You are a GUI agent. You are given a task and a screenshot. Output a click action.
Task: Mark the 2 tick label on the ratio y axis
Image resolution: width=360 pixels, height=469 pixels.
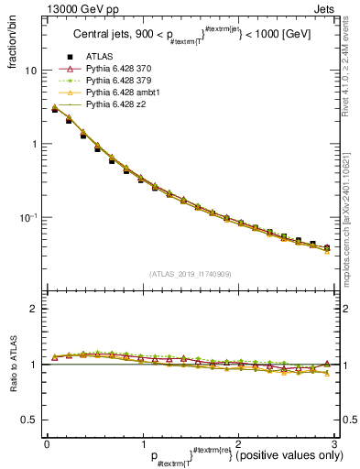(x=31, y=309)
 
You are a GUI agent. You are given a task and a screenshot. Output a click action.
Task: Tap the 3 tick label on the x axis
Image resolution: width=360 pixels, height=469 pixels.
(x=335, y=444)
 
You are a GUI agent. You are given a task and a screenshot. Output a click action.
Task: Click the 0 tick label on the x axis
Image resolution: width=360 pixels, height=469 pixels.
(x=47, y=444)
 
